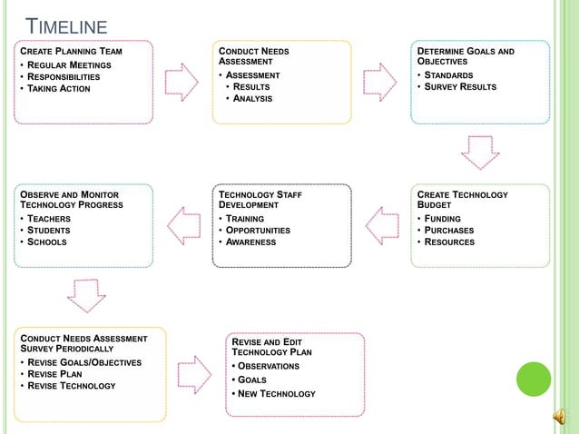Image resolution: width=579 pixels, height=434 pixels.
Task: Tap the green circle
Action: pyautogui.click(x=534, y=380)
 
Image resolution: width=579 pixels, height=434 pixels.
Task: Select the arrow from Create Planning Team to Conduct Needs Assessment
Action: pyautogui.click(x=182, y=81)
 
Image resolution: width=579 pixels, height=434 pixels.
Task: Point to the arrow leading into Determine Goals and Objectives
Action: pyautogui.click(x=379, y=81)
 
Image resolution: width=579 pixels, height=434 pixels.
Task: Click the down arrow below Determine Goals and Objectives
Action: pyautogui.click(x=480, y=152)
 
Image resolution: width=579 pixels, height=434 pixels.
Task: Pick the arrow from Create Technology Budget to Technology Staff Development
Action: pyautogui.click(x=381, y=225)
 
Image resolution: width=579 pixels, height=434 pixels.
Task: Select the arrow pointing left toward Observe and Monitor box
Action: pyautogui.click(x=185, y=225)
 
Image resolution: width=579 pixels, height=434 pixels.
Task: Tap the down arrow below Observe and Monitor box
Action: pyautogui.click(x=87, y=295)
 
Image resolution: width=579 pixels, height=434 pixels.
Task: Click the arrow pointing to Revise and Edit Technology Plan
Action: pyautogui.click(x=194, y=374)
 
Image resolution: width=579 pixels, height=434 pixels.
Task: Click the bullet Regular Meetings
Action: pyautogui.click(x=69, y=64)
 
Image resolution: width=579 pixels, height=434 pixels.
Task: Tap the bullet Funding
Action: pyautogui.click(x=443, y=219)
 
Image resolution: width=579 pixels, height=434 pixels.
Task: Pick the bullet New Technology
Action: pyautogui.click(x=277, y=393)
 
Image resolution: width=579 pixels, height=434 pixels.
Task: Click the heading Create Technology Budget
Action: pyautogui.click(x=462, y=200)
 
